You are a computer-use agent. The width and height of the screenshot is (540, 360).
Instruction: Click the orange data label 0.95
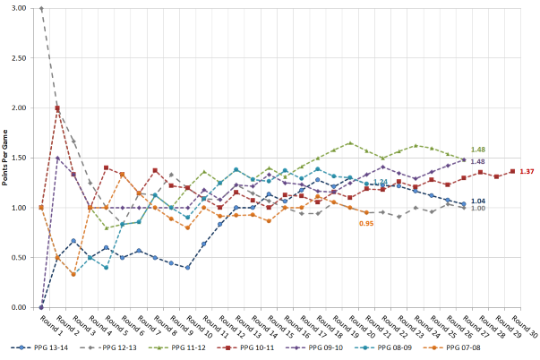pyautogui.click(x=365, y=223)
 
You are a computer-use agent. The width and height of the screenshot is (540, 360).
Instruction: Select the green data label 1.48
pyautogui.click(x=477, y=150)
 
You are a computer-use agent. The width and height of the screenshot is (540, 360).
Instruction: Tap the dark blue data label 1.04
pyautogui.click(x=478, y=201)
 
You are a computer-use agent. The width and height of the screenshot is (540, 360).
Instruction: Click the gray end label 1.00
pyautogui.click(x=478, y=209)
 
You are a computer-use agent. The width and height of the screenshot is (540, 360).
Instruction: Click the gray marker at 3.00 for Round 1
pyautogui.click(x=41, y=9)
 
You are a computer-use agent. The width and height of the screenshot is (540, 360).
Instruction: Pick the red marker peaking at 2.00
pyautogui.click(x=57, y=108)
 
